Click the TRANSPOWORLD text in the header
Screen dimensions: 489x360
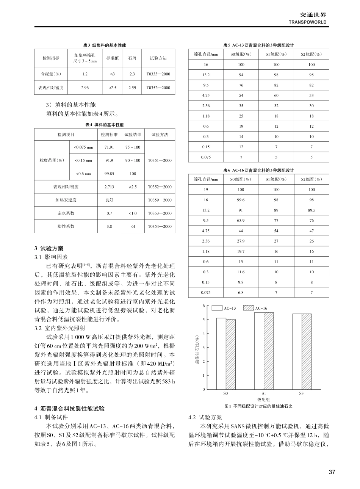tap(307, 22)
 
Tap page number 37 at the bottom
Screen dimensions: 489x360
tap(332, 472)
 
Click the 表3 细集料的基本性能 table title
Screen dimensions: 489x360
tap(105, 45)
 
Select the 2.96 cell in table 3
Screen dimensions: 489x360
tap(85, 88)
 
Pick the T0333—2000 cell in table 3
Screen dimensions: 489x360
tap(158, 74)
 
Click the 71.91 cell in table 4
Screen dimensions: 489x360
tap(109, 147)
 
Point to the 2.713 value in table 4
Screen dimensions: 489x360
tap(109, 187)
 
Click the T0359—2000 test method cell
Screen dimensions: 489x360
tap(160, 200)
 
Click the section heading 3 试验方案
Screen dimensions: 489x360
tap(49, 249)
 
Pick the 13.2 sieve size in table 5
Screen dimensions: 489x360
tap(206, 75)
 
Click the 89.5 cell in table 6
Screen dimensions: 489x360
tap(311, 210)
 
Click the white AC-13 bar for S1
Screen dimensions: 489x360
tap(259, 351)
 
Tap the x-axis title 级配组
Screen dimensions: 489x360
tap(263, 400)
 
